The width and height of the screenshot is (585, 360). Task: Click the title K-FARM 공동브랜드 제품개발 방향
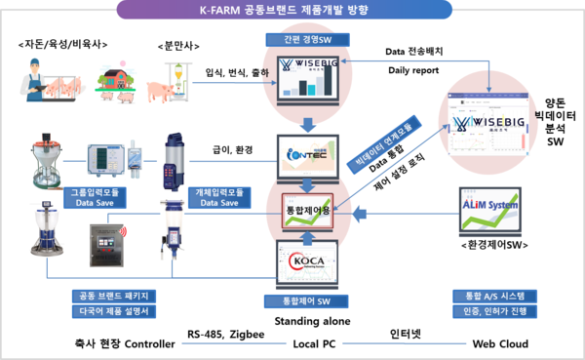(292, 10)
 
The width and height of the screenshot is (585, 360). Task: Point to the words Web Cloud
(500, 343)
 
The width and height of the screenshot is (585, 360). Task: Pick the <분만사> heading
(178, 46)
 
